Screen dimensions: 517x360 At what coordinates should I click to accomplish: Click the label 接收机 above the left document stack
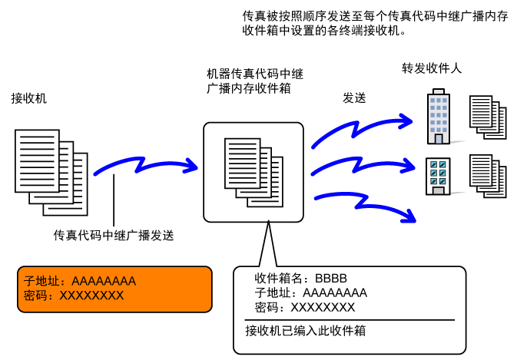29,98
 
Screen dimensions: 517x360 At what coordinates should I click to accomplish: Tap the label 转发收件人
432,68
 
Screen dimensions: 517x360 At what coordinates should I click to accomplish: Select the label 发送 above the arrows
354,97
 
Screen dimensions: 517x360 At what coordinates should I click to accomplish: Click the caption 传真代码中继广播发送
114,235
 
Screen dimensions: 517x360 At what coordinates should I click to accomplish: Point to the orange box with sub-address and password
114,289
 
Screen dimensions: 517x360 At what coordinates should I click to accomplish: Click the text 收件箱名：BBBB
300,279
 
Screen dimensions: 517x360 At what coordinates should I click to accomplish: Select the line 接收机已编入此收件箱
306,330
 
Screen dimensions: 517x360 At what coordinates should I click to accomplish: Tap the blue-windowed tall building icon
438,116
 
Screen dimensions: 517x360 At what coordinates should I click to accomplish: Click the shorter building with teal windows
438,177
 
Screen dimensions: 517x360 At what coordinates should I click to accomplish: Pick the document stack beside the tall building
488,117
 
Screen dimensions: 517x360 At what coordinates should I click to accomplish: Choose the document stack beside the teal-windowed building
488,177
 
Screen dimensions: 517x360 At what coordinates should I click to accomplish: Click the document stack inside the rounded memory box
254,172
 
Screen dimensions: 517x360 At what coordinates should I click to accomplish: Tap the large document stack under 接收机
51,172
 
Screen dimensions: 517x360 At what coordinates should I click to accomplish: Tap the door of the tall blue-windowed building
439,139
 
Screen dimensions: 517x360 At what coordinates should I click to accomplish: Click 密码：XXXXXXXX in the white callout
305,307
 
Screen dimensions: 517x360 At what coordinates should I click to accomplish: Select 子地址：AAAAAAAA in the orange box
80,281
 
